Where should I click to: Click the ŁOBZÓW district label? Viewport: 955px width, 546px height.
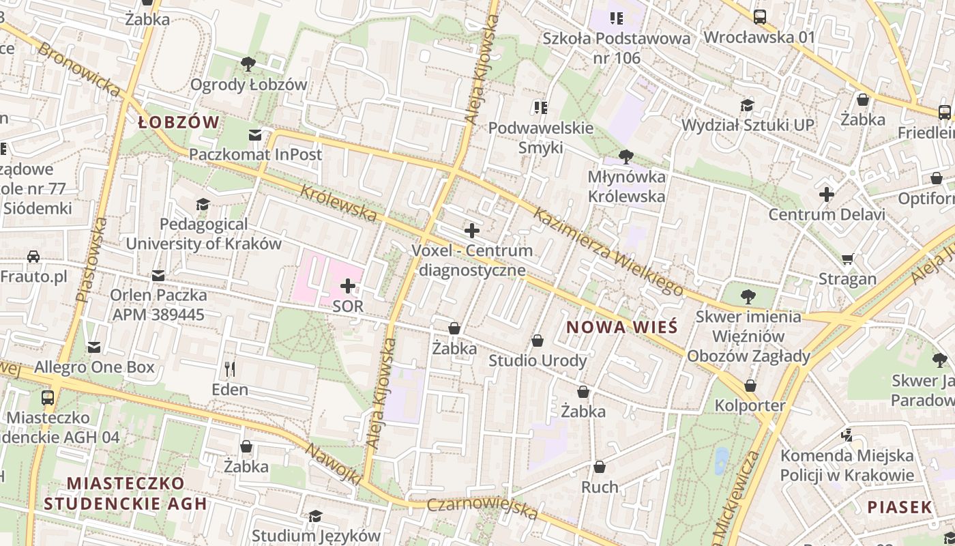[x=179, y=123]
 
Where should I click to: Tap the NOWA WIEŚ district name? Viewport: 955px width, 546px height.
[x=621, y=327]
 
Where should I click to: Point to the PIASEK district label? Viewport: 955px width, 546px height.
[x=899, y=507]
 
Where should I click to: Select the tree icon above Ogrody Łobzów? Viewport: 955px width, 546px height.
[x=248, y=64]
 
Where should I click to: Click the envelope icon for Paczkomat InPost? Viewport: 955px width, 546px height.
[x=255, y=135]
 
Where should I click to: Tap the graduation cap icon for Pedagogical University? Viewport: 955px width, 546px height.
[x=203, y=204]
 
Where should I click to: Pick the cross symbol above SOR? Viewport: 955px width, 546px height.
[x=348, y=285]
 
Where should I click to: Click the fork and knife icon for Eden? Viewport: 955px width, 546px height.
[x=230, y=369]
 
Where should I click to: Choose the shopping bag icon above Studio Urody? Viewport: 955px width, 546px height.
[x=538, y=340]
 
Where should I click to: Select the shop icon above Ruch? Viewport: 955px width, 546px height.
[x=600, y=467]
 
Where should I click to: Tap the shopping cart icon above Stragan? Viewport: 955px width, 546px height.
[x=848, y=259]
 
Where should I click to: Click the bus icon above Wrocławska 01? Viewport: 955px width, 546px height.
[x=759, y=16]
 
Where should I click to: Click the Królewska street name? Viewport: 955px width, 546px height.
[x=338, y=203]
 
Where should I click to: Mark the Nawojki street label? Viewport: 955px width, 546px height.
[x=333, y=464]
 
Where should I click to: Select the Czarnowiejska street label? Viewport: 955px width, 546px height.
[x=482, y=508]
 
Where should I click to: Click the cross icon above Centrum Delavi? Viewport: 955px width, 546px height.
[x=827, y=195]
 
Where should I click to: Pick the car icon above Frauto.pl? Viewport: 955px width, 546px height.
[x=33, y=257]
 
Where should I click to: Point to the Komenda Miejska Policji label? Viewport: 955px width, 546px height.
[x=847, y=465]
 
